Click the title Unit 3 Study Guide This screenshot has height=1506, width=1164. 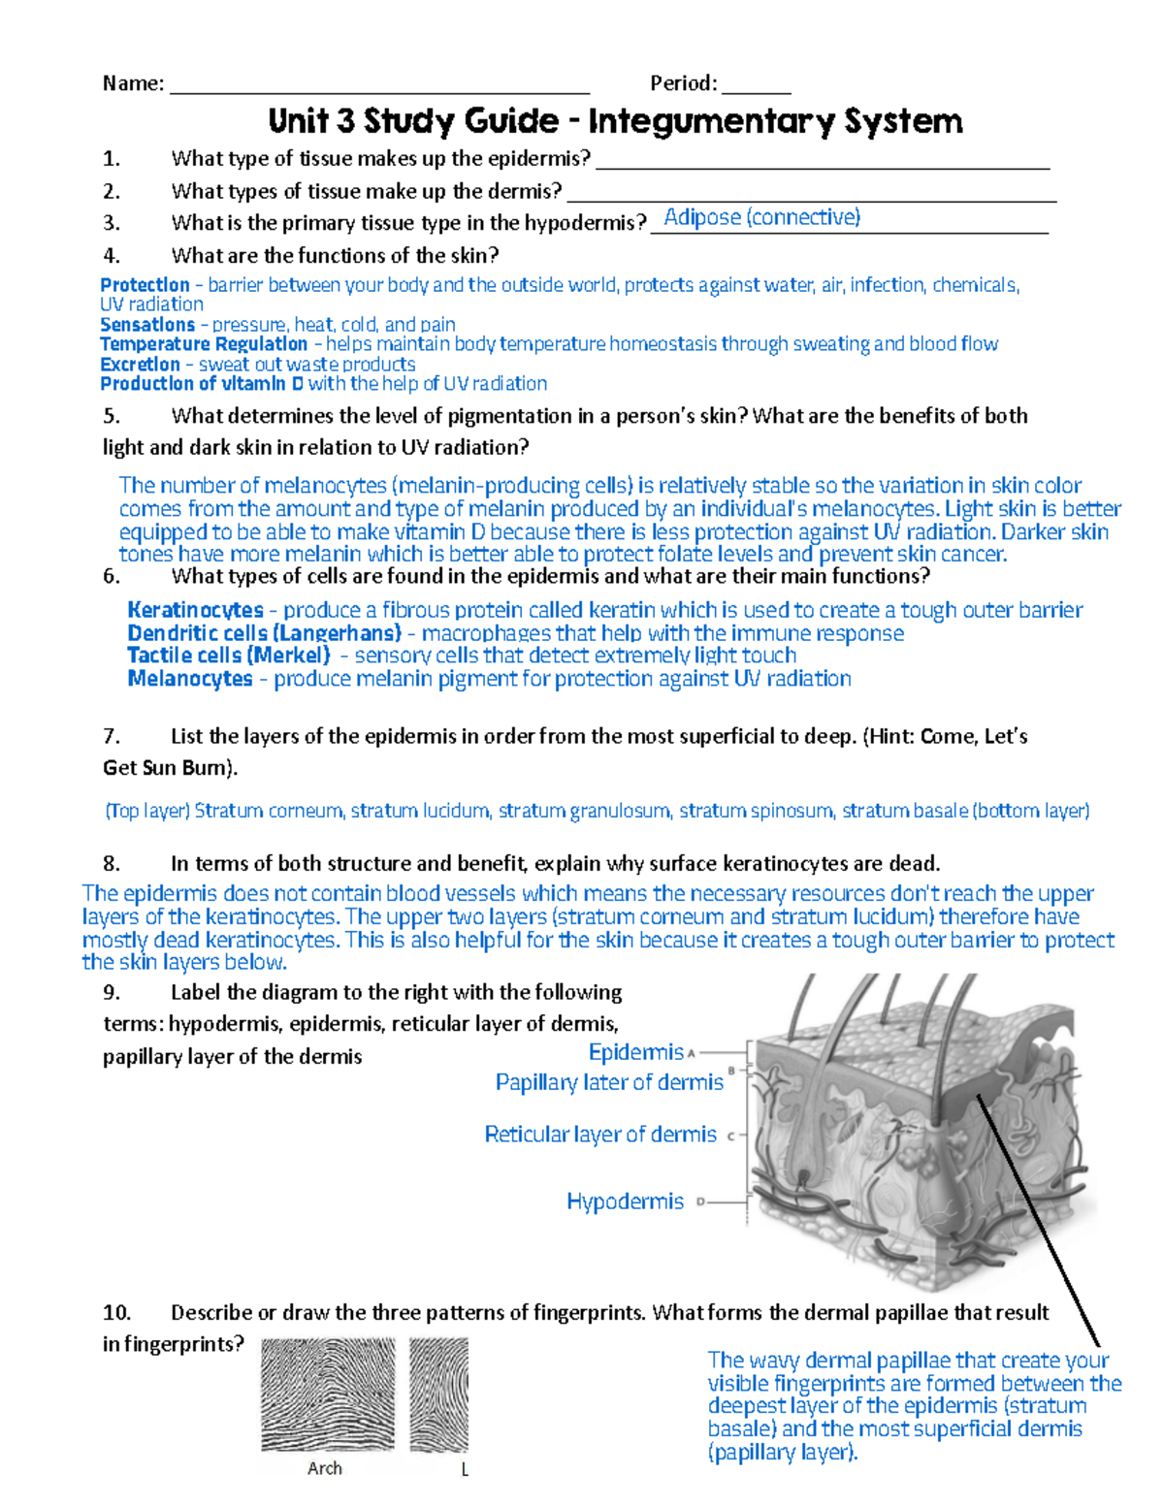[x=615, y=121]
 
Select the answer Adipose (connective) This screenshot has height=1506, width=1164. [x=761, y=217]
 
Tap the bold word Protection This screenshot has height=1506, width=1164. [x=145, y=285]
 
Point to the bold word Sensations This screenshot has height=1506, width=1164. [x=147, y=325]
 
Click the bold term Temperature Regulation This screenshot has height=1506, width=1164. [x=204, y=344]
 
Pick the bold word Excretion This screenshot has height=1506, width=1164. [x=140, y=365]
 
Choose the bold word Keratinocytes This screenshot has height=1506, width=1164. [x=195, y=610]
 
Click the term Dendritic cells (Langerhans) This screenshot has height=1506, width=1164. [x=264, y=633]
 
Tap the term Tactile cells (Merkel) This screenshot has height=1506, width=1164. [x=229, y=656]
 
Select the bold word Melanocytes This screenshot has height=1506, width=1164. [x=190, y=679]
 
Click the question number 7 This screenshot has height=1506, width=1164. [x=111, y=737]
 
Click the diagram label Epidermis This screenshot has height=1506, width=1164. [x=636, y=1052]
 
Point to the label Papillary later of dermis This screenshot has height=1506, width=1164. [x=609, y=1082]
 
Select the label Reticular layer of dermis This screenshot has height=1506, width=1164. [x=600, y=1135]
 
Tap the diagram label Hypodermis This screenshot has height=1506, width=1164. [x=626, y=1202]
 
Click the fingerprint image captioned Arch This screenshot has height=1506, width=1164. [x=328, y=1394]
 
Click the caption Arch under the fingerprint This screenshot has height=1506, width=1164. [x=325, y=1468]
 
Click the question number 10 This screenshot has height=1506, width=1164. [x=116, y=1313]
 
